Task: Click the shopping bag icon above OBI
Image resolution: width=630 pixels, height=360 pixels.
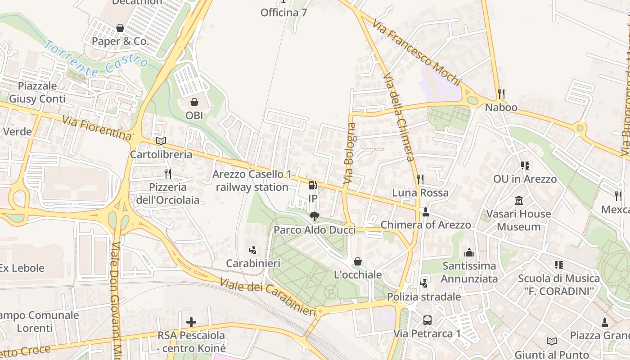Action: tap(194, 102)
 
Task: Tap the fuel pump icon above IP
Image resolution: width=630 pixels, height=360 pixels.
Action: tap(312, 185)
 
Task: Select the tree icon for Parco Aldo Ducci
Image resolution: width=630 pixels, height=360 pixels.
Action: tap(315, 217)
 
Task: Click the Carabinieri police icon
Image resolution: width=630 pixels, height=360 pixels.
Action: tap(253, 250)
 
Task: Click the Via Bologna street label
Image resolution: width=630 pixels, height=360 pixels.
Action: tap(350, 153)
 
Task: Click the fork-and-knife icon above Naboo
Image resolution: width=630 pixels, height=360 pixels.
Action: tap(501, 94)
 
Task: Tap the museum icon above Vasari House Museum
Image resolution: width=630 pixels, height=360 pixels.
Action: tap(518, 200)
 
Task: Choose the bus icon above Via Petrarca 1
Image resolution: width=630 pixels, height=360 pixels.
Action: tap(427, 320)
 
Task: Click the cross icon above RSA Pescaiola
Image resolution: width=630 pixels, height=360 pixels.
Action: tap(191, 322)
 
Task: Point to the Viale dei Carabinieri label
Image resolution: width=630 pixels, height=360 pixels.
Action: tap(268, 297)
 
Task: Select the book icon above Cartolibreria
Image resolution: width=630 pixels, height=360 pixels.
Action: tap(161, 141)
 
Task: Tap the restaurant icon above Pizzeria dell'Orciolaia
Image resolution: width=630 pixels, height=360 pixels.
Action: tap(168, 174)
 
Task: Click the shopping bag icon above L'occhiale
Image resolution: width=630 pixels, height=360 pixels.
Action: tap(358, 261)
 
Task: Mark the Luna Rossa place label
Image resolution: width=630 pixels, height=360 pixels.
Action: tap(420, 193)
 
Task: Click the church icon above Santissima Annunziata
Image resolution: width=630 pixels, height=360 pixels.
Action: tap(469, 252)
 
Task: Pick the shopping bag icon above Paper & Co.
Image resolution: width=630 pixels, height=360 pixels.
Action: tap(120, 28)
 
